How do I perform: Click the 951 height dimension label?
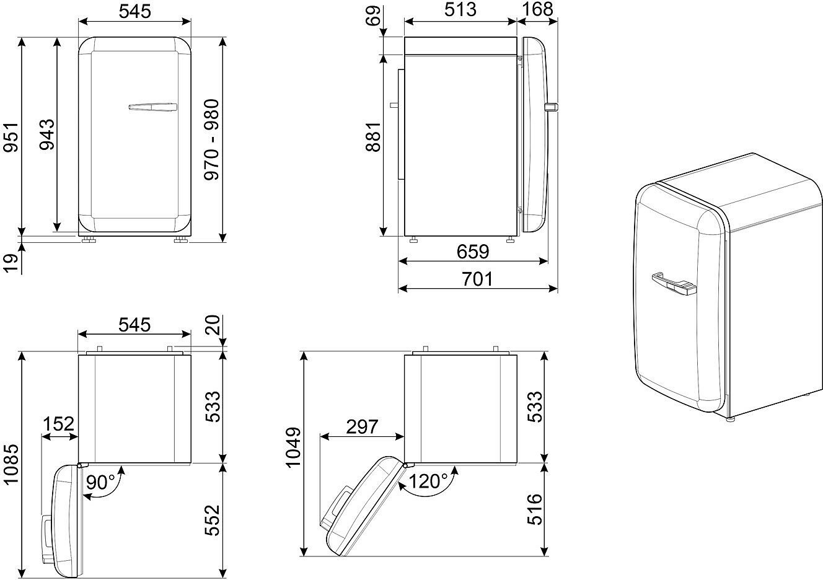point(11,137)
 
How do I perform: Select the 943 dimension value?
point(47,134)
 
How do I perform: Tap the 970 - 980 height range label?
point(211,139)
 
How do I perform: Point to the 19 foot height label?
point(11,263)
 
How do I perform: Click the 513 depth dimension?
point(460,10)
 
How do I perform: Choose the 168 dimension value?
point(537,9)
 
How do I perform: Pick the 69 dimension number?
point(373,16)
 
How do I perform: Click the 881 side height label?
point(373,137)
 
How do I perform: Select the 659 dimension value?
point(473,252)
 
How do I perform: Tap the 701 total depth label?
point(477,279)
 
